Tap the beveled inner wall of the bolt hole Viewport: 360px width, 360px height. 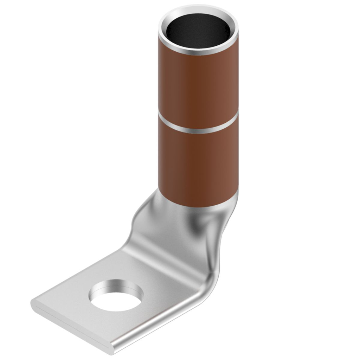(x=116, y=285)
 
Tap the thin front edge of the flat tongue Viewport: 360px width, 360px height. (x=70, y=327)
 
